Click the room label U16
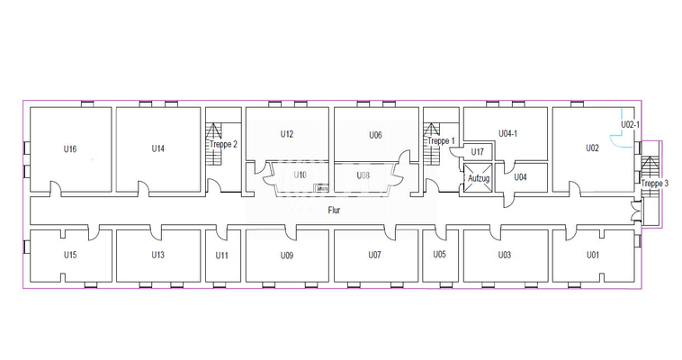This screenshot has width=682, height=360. click(70, 148)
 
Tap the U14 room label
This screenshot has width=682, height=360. click(158, 148)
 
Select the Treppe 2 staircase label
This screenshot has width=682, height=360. click(223, 144)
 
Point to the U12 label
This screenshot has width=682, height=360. click(286, 134)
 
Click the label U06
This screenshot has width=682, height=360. click(375, 135)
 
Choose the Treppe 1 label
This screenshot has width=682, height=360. click(441, 140)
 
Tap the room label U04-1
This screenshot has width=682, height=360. click(508, 134)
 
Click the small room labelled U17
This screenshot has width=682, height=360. click(478, 152)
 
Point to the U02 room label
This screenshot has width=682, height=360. click(592, 148)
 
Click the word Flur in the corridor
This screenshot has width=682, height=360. click(333, 210)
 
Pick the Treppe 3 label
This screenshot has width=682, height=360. click(655, 184)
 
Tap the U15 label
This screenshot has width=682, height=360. click(70, 255)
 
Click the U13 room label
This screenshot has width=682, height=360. click(158, 255)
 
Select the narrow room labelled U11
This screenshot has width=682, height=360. click(222, 255)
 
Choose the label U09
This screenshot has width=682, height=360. click(286, 255)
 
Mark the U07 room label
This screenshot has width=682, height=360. click(375, 255)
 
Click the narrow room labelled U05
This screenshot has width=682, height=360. click(440, 255)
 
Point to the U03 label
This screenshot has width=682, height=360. click(505, 255)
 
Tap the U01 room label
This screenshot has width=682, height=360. click(592, 255)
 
